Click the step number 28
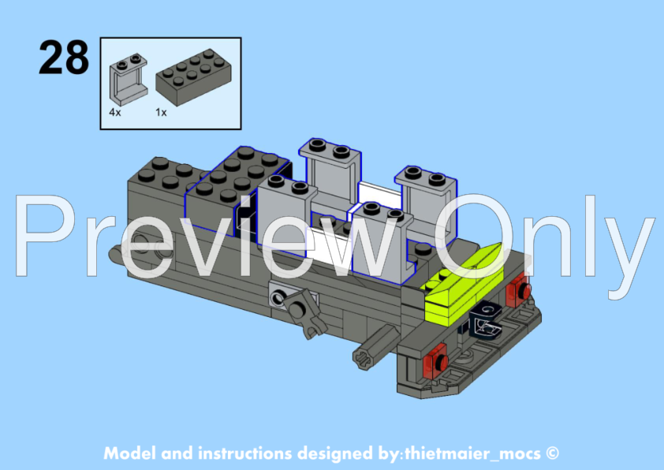click(64, 57)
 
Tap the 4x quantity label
click(115, 112)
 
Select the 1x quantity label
click(161, 112)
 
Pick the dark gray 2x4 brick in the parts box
click(193, 77)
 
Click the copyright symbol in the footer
click(552, 453)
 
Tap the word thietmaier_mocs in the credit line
click(472, 454)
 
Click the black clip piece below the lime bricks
click(486, 323)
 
